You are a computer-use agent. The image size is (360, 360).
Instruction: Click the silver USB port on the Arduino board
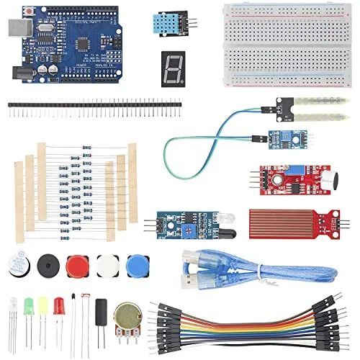click(16, 27)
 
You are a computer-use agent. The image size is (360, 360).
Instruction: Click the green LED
click(30, 305)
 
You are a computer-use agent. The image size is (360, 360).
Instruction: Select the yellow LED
click(43, 305)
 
